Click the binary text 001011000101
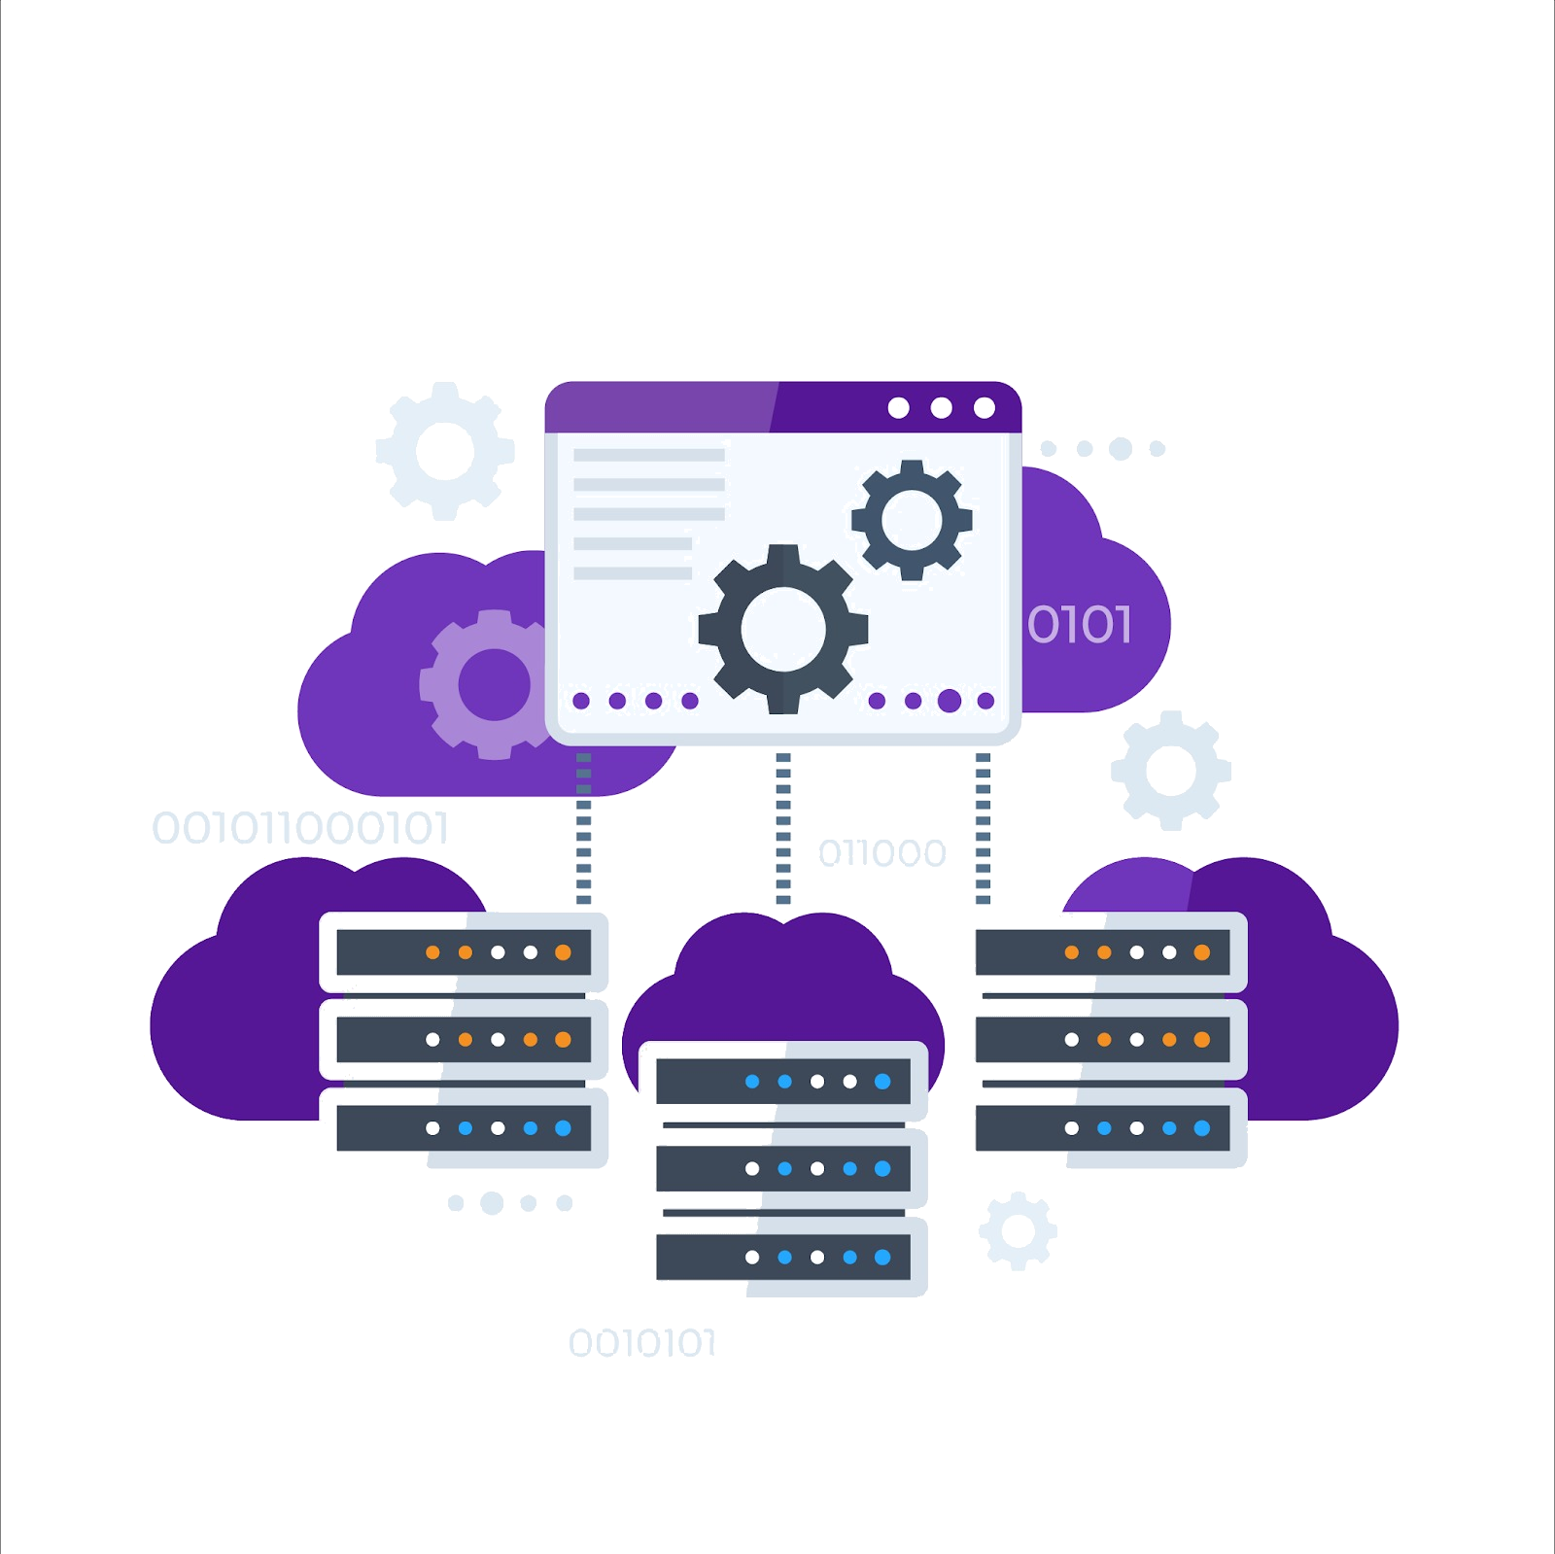pos(300,829)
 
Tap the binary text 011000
pos(881,853)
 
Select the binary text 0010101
pos(642,1343)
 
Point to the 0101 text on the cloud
pos(1080,625)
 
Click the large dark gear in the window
pos(782,629)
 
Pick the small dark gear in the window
pos(911,520)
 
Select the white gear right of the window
pos(1171,771)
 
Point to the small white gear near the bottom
pos(1018,1230)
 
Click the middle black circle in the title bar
pos(941,407)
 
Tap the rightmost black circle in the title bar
pos(984,407)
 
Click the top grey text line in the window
pos(648,454)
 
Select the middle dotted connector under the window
pos(783,828)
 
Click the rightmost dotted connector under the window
pos(983,828)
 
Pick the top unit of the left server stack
pos(464,952)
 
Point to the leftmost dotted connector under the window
pos(583,828)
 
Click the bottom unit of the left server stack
pos(464,1128)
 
